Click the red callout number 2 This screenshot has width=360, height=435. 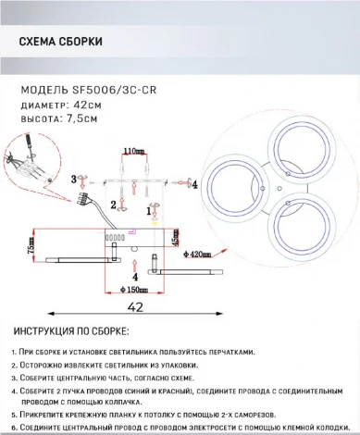click(113, 204)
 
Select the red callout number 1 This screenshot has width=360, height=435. click(149, 211)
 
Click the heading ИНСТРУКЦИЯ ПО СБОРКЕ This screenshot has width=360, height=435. click(72, 330)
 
